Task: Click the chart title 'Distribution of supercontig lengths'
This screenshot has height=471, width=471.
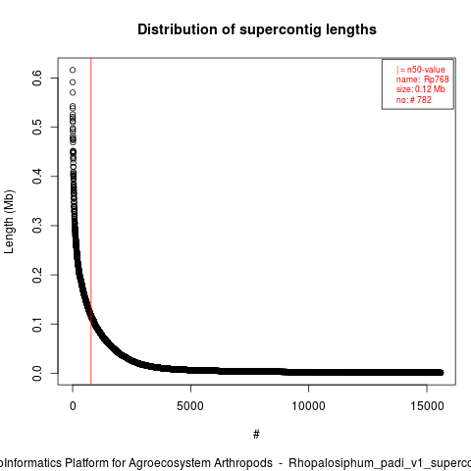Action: pyautogui.click(x=257, y=29)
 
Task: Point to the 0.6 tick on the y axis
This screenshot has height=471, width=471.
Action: pyautogui.click(x=37, y=78)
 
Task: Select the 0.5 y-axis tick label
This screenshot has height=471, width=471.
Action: pyautogui.click(x=37, y=127)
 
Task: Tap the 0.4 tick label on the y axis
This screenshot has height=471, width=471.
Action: pyautogui.click(x=37, y=177)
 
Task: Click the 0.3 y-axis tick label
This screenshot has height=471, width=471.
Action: pyautogui.click(x=37, y=226)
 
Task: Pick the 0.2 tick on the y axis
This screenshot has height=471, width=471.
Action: pyautogui.click(x=37, y=275)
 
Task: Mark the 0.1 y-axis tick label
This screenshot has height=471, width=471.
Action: pyautogui.click(x=37, y=324)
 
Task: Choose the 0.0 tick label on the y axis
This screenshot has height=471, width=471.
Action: pyautogui.click(x=37, y=373)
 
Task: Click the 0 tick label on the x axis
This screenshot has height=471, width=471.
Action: pyautogui.click(x=73, y=406)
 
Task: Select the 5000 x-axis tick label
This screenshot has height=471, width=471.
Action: pyautogui.click(x=190, y=406)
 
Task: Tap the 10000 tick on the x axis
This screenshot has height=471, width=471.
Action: pyautogui.click(x=308, y=406)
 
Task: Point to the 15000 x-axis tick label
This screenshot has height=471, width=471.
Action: pyautogui.click(x=427, y=406)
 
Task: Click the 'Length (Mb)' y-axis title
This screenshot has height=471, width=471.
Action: pyautogui.click(x=9, y=222)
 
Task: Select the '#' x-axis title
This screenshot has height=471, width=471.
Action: pyautogui.click(x=256, y=435)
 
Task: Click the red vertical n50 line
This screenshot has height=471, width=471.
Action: pyautogui.click(x=91, y=222)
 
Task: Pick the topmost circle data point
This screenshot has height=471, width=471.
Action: pyautogui.click(x=73, y=70)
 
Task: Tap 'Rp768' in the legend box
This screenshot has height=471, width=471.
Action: pyautogui.click(x=437, y=79)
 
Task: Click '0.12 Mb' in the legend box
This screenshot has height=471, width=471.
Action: pyautogui.click(x=430, y=89)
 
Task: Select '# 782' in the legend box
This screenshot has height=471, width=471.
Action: pyautogui.click(x=420, y=100)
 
